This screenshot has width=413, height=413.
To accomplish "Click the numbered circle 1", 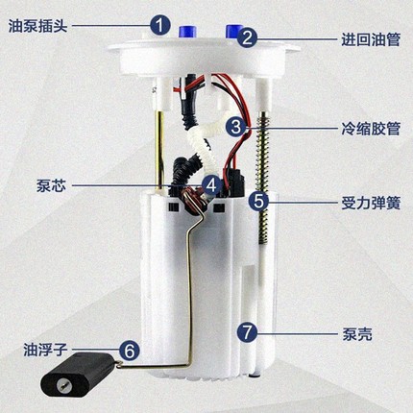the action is click(x=160, y=25).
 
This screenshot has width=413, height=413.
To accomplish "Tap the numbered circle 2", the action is click(x=247, y=38).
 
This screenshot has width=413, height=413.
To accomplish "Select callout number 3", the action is click(x=236, y=127).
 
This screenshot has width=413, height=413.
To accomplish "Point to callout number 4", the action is click(x=212, y=185).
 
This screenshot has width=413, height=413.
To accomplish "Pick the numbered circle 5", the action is click(x=259, y=202).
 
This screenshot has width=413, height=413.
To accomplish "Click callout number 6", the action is click(x=130, y=351).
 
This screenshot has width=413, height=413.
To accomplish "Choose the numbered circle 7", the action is click(x=248, y=333).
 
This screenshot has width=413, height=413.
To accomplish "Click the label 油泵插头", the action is click(x=37, y=26).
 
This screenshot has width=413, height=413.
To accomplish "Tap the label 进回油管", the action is click(x=371, y=40).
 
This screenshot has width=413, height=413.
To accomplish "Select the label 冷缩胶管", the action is click(x=371, y=129).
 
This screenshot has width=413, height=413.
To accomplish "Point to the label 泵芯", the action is click(x=51, y=185).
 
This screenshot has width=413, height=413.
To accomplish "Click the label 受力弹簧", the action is click(x=371, y=203).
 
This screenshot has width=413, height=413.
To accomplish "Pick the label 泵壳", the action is click(x=357, y=334).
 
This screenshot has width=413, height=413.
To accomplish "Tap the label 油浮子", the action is click(x=45, y=350).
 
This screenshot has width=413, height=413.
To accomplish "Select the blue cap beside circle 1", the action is click(x=187, y=31).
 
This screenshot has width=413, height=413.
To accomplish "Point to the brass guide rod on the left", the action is click(x=159, y=151).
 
